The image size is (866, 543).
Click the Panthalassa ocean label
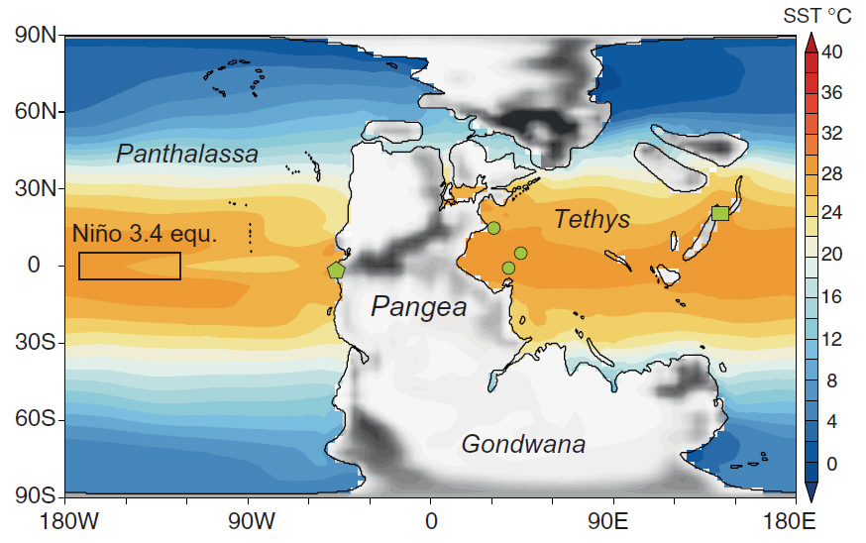point(187,154)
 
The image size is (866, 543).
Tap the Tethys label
point(592,219)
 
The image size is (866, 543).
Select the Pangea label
point(418,307)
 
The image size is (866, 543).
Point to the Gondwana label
point(523,444)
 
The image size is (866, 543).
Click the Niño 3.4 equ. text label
point(145,234)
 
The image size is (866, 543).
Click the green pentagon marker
point(336,270)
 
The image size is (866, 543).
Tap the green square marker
point(720,213)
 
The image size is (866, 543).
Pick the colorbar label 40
point(832,54)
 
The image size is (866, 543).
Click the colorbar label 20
point(832,255)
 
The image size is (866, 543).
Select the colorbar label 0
point(832,463)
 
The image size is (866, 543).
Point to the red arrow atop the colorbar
point(810,42)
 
